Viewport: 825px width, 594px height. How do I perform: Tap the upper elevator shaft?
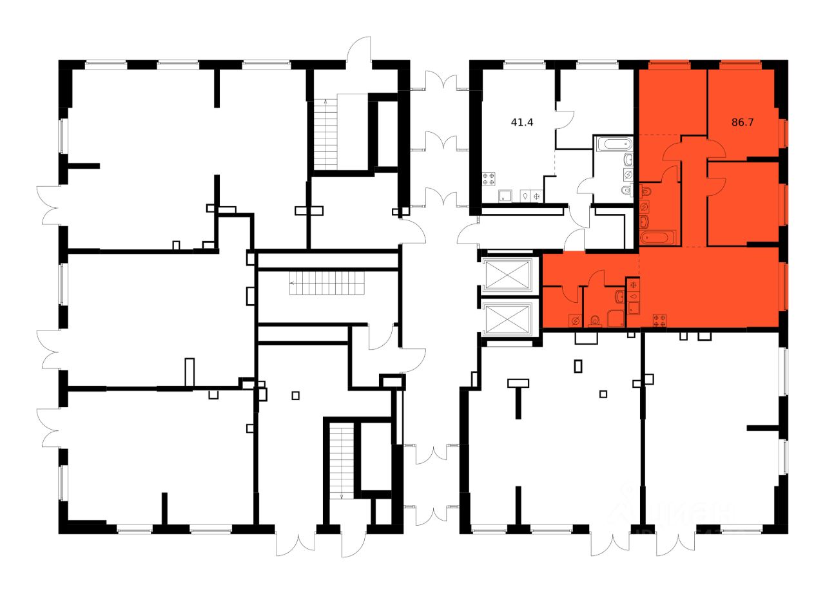pos(509,275)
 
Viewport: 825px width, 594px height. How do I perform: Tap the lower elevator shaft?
pos(509,319)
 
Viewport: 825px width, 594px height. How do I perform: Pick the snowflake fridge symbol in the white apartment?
pos(536,196)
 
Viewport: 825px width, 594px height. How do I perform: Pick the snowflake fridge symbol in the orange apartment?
pos(634,284)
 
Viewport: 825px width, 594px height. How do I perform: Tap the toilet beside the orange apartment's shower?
pos(596,320)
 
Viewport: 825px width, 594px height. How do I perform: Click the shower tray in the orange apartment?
pos(616,319)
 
